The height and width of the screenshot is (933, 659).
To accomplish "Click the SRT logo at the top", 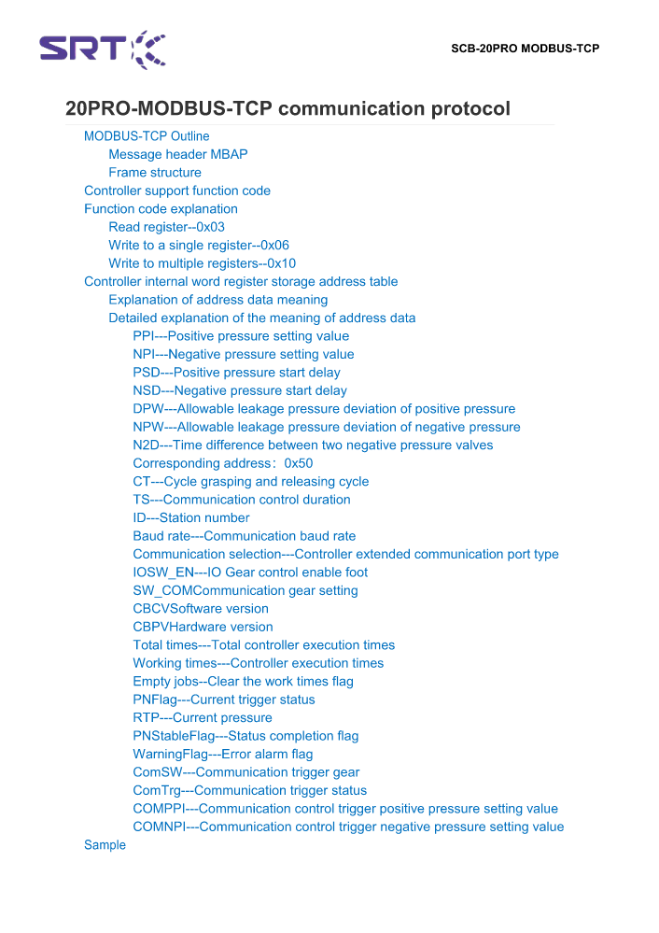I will coord(103,49).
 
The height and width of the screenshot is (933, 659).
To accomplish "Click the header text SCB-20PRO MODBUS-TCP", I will coord(525,49).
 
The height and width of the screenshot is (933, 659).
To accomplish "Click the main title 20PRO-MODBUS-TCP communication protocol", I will coord(287,108).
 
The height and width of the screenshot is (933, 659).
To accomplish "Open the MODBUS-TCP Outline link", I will coord(147,136).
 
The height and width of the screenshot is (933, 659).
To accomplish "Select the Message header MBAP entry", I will coord(177,154).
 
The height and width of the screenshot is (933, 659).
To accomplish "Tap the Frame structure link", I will coord(154,173).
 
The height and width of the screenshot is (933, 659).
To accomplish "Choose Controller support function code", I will coord(177,191).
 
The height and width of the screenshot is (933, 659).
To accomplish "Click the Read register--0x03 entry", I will coord(166,227).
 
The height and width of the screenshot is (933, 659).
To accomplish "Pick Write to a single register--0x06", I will coord(199,246).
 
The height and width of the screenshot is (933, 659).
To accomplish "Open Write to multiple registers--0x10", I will coord(202,263).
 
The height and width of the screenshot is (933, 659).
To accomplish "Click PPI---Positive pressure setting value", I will coord(241,336).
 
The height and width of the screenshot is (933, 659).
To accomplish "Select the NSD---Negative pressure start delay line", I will coord(240,390).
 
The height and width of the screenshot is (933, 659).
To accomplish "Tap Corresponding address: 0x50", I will coord(222,463).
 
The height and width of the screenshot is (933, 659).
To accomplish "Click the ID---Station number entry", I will coord(191,517).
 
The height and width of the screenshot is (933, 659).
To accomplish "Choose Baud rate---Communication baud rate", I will coord(244,536).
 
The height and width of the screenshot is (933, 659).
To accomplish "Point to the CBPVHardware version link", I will coord(203,627).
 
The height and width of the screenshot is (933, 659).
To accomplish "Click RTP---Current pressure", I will coord(203,717).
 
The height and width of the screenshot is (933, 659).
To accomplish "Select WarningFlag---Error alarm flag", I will coord(222,754).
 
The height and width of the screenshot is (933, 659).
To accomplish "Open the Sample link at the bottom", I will coord(105,845).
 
